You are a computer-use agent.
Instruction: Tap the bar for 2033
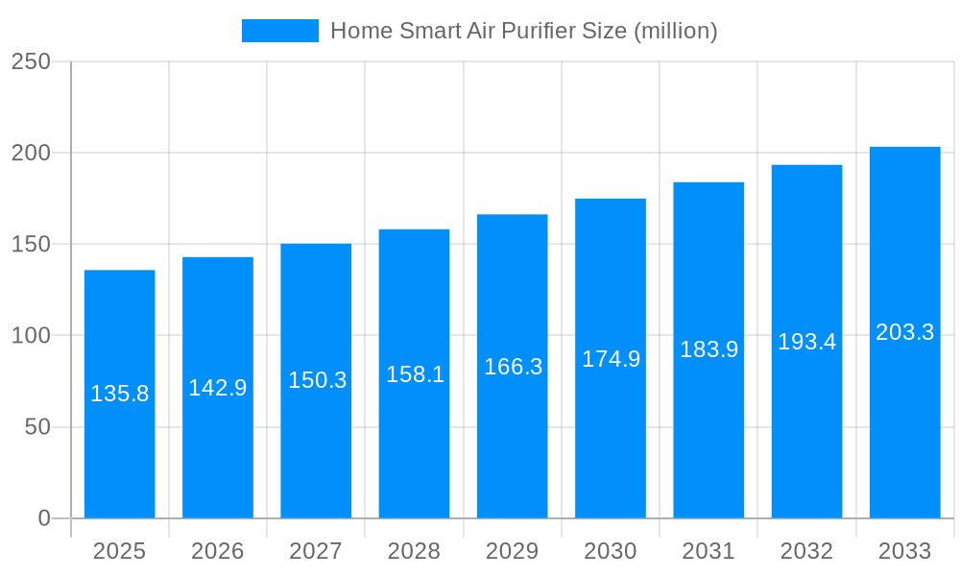coord(904,432)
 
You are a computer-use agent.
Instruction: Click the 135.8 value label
coord(119,394)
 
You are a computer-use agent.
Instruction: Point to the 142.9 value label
coord(218,388)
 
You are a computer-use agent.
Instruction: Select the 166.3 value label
coord(513,367)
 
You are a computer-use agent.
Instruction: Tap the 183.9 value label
coord(708,349)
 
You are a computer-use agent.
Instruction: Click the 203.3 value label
coord(904,332)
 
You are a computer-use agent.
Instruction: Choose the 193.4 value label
coord(806,342)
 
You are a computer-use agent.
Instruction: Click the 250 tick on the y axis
coord(31,61)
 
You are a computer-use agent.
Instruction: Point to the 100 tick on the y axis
coord(31,336)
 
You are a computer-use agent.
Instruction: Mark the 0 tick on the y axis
coord(44,518)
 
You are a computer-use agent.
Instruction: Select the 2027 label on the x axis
coord(316,551)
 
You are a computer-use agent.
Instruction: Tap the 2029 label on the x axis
coord(513,551)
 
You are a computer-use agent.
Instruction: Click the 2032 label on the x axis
coord(806,551)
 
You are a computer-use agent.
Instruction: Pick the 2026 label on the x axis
coord(218,551)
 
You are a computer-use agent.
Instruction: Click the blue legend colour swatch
coord(279,31)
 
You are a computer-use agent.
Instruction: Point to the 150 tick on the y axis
coord(31,245)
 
